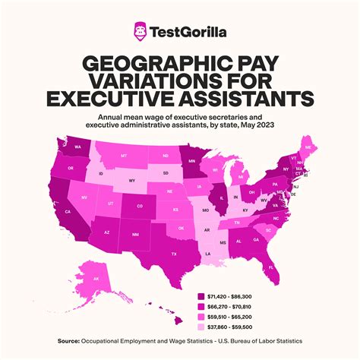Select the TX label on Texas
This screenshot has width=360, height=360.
pyautogui.click(x=174, y=254)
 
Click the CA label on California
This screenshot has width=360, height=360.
pyautogui.click(x=68, y=211)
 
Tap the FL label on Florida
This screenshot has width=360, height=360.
pyautogui.click(x=271, y=267)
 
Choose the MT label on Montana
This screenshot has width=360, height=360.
pyautogui.click(x=123, y=154)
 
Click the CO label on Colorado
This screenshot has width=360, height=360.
pyautogui.click(x=139, y=206)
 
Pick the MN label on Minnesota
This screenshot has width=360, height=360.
pyautogui.click(x=192, y=162)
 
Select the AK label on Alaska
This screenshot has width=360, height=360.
pyautogui.click(x=96, y=279)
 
